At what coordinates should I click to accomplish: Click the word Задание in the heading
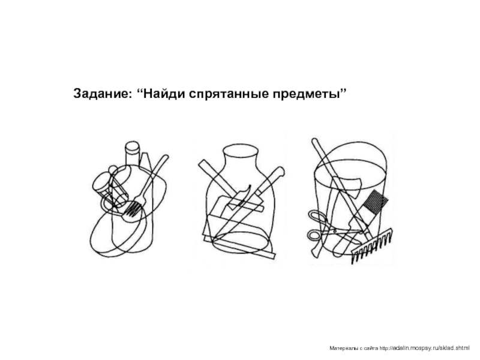(102, 94)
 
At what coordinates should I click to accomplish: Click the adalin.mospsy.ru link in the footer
(424, 348)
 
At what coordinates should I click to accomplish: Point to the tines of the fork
(134, 209)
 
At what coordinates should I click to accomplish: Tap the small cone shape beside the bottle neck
(145, 160)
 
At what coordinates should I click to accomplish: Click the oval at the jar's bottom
(241, 242)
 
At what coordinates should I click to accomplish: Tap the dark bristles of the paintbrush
(377, 202)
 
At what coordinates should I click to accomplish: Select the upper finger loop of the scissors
(317, 217)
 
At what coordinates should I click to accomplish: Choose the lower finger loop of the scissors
(314, 236)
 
